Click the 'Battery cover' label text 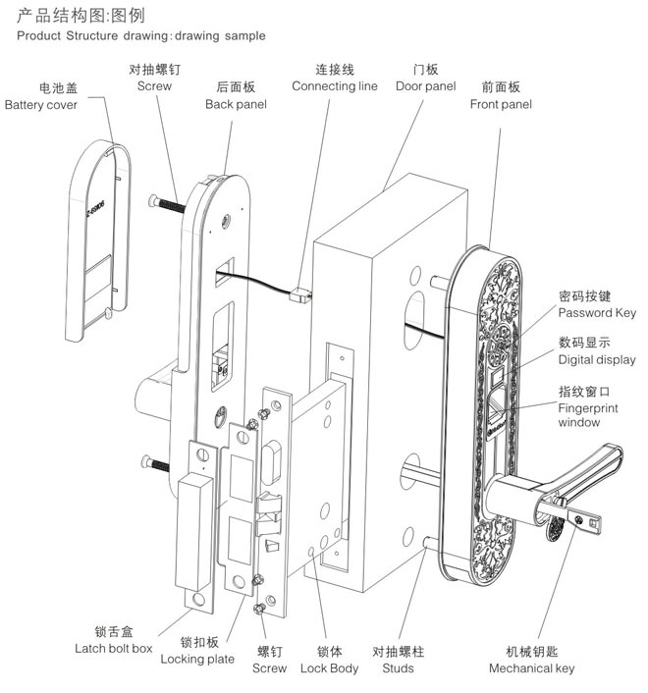click(x=41, y=105)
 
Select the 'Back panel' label click(x=232, y=104)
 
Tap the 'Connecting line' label click(x=334, y=86)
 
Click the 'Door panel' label click(x=425, y=86)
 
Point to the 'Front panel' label click(x=501, y=104)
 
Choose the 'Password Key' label click(x=597, y=313)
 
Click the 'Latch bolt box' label click(x=114, y=648)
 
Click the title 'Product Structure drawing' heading click(x=140, y=36)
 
